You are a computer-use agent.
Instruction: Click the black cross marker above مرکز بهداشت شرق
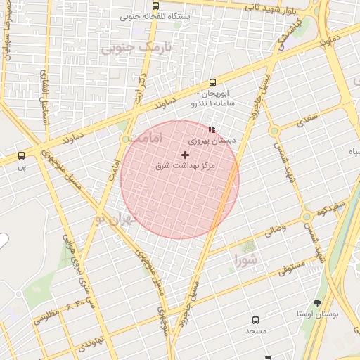(185, 154)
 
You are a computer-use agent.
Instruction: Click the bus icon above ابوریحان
(213, 82)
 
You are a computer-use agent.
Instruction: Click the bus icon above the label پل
(21, 155)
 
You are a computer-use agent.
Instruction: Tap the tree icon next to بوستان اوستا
(318, 303)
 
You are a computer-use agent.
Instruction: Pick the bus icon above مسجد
(255, 319)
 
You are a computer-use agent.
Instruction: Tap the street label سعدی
(307, 119)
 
